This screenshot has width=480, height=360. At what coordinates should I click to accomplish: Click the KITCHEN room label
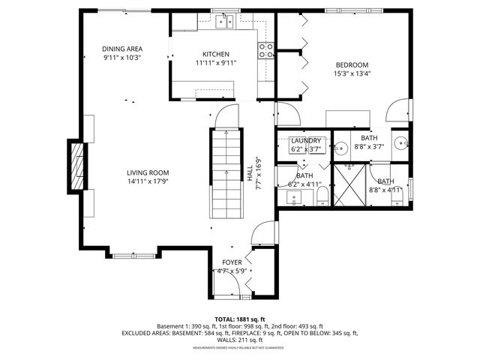click(215, 54)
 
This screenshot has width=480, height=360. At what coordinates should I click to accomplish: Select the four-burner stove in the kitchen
click(265, 50)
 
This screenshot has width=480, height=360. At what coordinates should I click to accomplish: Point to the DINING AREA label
click(122, 49)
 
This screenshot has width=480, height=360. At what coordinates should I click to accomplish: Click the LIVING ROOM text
click(147, 172)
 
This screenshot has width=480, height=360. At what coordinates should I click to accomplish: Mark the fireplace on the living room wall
click(76, 167)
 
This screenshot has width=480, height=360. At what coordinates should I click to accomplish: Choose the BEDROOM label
click(351, 64)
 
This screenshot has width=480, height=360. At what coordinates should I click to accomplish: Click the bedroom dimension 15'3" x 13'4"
click(351, 73)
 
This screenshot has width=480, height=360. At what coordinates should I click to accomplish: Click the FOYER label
click(232, 262)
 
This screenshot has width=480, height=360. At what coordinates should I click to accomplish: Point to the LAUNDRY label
click(306, 141)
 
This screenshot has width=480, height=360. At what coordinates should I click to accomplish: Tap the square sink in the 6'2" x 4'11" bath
click(293, 198)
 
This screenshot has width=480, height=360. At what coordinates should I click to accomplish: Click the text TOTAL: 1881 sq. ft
click(239, 318)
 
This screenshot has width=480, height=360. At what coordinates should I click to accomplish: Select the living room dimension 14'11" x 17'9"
click(147, 181)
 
